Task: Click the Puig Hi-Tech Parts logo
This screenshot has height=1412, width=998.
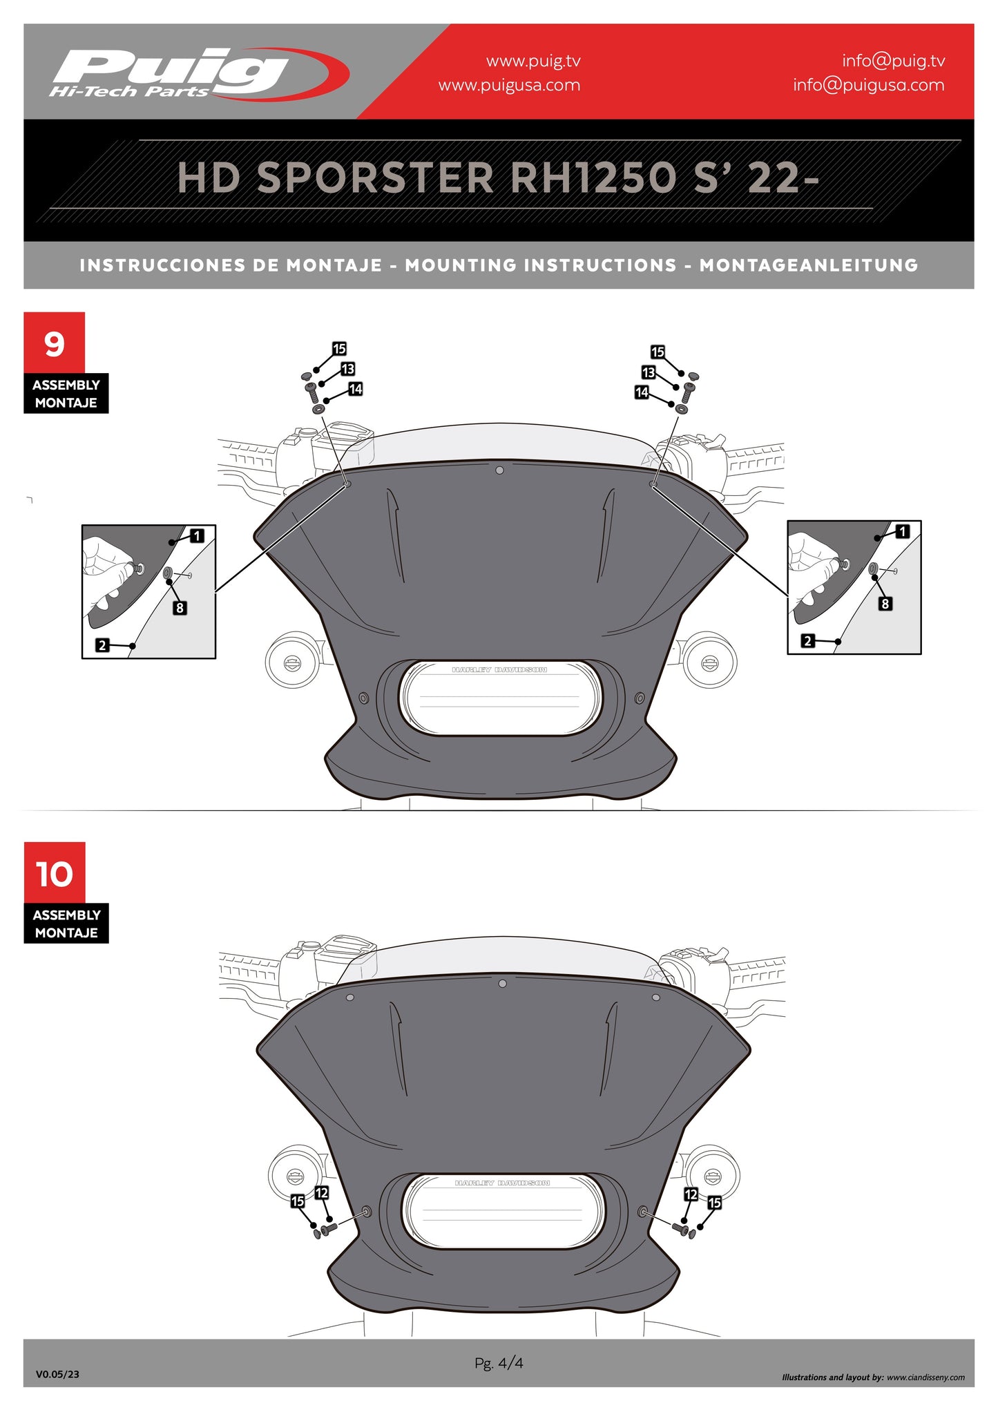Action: point(199,73)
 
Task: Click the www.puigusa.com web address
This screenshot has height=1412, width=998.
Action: point(509,85)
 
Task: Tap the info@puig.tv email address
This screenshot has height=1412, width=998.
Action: point(893,61)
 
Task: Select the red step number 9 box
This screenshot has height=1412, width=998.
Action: point(55,343)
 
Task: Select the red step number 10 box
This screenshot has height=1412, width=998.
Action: point(55,873)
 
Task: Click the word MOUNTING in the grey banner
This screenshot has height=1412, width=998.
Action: point(541,265)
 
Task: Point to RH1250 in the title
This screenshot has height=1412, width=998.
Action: point(593,178)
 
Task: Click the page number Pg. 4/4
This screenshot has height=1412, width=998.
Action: point(499,1363)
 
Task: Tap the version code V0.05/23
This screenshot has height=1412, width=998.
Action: point(57,1374)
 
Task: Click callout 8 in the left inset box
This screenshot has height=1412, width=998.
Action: point(180,608)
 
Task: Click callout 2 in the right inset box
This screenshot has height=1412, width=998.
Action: point(807,641)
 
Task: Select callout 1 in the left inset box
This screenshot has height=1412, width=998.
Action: point(198,536)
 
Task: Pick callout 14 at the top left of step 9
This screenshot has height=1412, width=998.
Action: point(356,389)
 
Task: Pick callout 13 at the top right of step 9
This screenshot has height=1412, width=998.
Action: point(648,372)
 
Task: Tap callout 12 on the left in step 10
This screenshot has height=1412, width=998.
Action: point(321,1193)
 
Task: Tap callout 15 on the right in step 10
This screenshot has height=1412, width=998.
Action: point(714,1203)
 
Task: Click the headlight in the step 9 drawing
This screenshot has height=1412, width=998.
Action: point(500,697)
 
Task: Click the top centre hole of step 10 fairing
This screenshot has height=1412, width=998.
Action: point(502,984)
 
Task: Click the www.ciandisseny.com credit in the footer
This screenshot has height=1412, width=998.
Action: point(925,1377)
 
